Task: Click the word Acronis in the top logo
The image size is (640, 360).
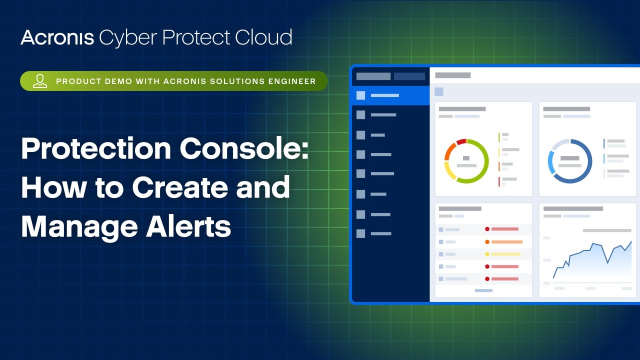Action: tap(57, 38)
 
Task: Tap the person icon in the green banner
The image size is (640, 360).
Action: tap(40, 81)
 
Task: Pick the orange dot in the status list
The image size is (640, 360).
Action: tap(487, 242)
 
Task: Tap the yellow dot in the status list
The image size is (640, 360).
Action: tap(487, 254)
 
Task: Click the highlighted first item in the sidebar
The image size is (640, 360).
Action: tap(390, 95)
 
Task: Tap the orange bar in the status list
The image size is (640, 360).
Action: tap(507, 242)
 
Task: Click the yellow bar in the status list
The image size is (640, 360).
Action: tap(505, 254)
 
